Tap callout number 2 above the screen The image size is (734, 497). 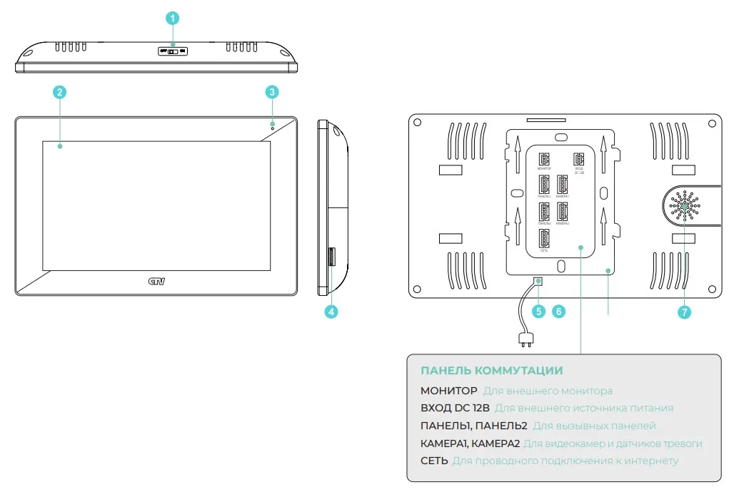[60, 92]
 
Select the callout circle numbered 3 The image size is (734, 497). [272, 92]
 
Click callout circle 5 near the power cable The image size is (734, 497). [538, 312]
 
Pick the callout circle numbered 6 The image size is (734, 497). [559, 312]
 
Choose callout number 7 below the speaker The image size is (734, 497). [685, 312]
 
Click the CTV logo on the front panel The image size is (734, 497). [156, 282]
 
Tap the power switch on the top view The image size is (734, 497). [173, 51]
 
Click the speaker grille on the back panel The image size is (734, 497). [685, 206]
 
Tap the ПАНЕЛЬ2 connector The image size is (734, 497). [544, 212]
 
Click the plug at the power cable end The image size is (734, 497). [526, 341]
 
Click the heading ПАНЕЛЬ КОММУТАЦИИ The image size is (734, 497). [491, 371]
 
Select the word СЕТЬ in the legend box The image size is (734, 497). [434, 461]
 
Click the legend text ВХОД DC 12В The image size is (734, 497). [455, 409]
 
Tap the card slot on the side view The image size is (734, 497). [331, 257]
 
